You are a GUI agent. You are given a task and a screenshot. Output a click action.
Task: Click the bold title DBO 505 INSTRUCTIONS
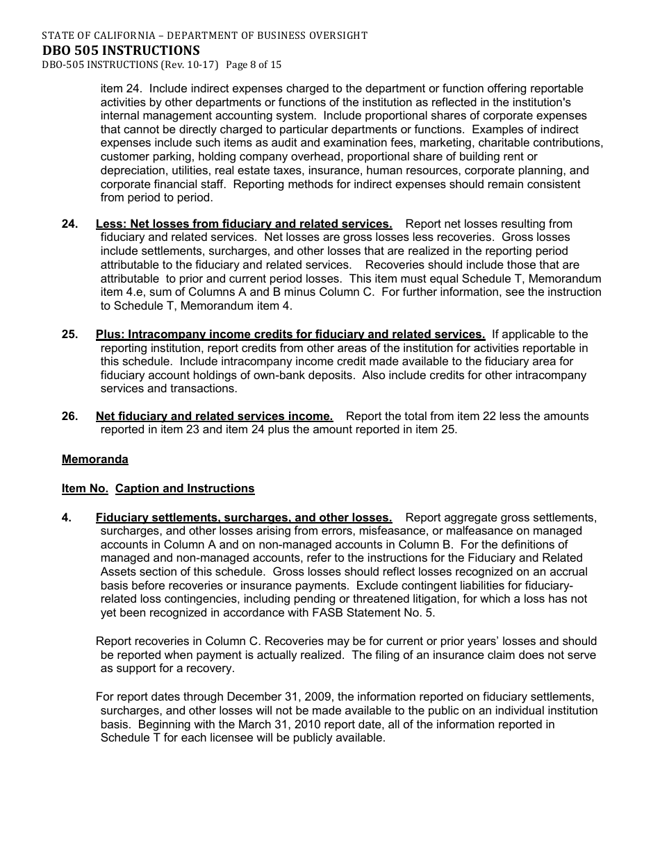(121, 50)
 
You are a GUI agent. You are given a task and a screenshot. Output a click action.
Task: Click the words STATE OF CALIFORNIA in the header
(88, 35)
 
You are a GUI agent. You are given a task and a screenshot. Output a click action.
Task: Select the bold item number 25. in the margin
(69, 334)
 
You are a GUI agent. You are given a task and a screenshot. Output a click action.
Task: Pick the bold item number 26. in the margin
(69, 416)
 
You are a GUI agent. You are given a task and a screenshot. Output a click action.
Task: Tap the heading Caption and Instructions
(185, 488)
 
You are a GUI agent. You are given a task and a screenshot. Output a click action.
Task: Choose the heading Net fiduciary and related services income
(214, 416)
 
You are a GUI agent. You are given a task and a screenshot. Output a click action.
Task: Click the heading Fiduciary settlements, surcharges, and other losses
(243, 517)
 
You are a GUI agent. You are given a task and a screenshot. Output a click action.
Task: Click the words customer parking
(143, 156)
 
